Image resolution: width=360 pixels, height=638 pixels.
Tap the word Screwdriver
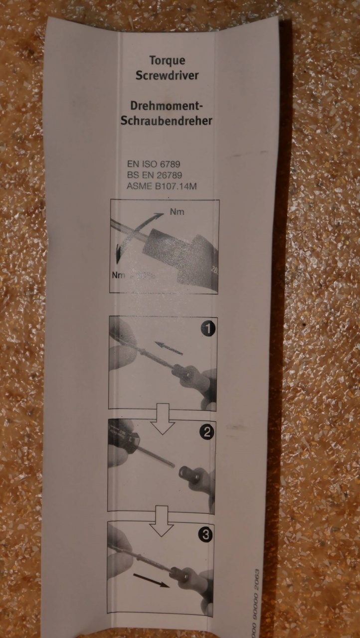pyautogui.click(x=167, y=75)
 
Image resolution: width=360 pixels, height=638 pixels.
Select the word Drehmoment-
pyautogui.click(x=167, y=106)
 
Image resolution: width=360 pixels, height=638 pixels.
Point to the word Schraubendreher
pyautogui.click(x=167, y=121)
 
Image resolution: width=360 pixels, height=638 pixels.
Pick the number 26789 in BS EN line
pyautogui.click(x=170, y=175)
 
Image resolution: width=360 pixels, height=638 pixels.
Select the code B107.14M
pyautogui.click(x=176, y=186)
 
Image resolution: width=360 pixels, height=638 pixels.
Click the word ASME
pyautogui.click(x=140, y=186)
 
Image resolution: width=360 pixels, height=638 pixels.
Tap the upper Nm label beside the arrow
pyautogui.click(x=177, y=212)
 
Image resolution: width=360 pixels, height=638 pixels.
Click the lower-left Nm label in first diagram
pyautogui.click(x=119, y=275)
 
